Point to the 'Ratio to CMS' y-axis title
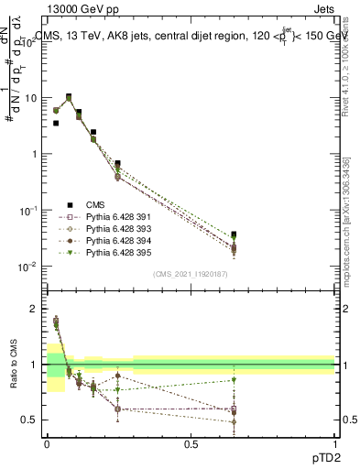[x=13, y=376]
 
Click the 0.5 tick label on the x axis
[x=191, y=443]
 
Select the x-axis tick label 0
[x=47, y=443]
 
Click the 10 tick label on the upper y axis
[x=29, y=97]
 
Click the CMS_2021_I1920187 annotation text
[x=191, y=274]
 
